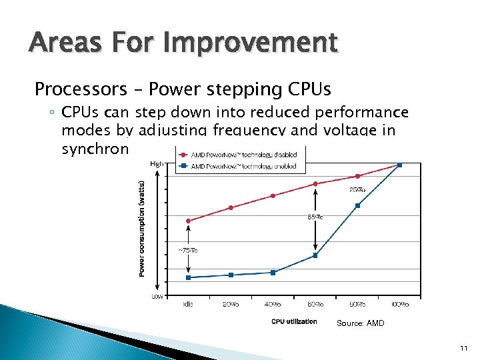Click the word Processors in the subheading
click(76, 89)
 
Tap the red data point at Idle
click(189, 221)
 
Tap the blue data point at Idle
click(189, 277)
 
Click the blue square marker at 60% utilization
click(315, 255)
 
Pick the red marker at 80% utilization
click(358, 176)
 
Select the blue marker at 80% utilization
click(358, 205)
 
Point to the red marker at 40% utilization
click(273, 195)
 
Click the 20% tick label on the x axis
click(231, 305)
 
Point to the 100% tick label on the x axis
click(399, 305)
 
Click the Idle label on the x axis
click(189, 305)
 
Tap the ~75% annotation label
click(187, 250)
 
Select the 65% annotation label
click(315, 217)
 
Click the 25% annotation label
click(357, 190)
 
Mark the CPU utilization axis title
click(294, 322)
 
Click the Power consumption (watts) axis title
click(142, 227)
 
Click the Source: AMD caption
click(360, 323)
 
